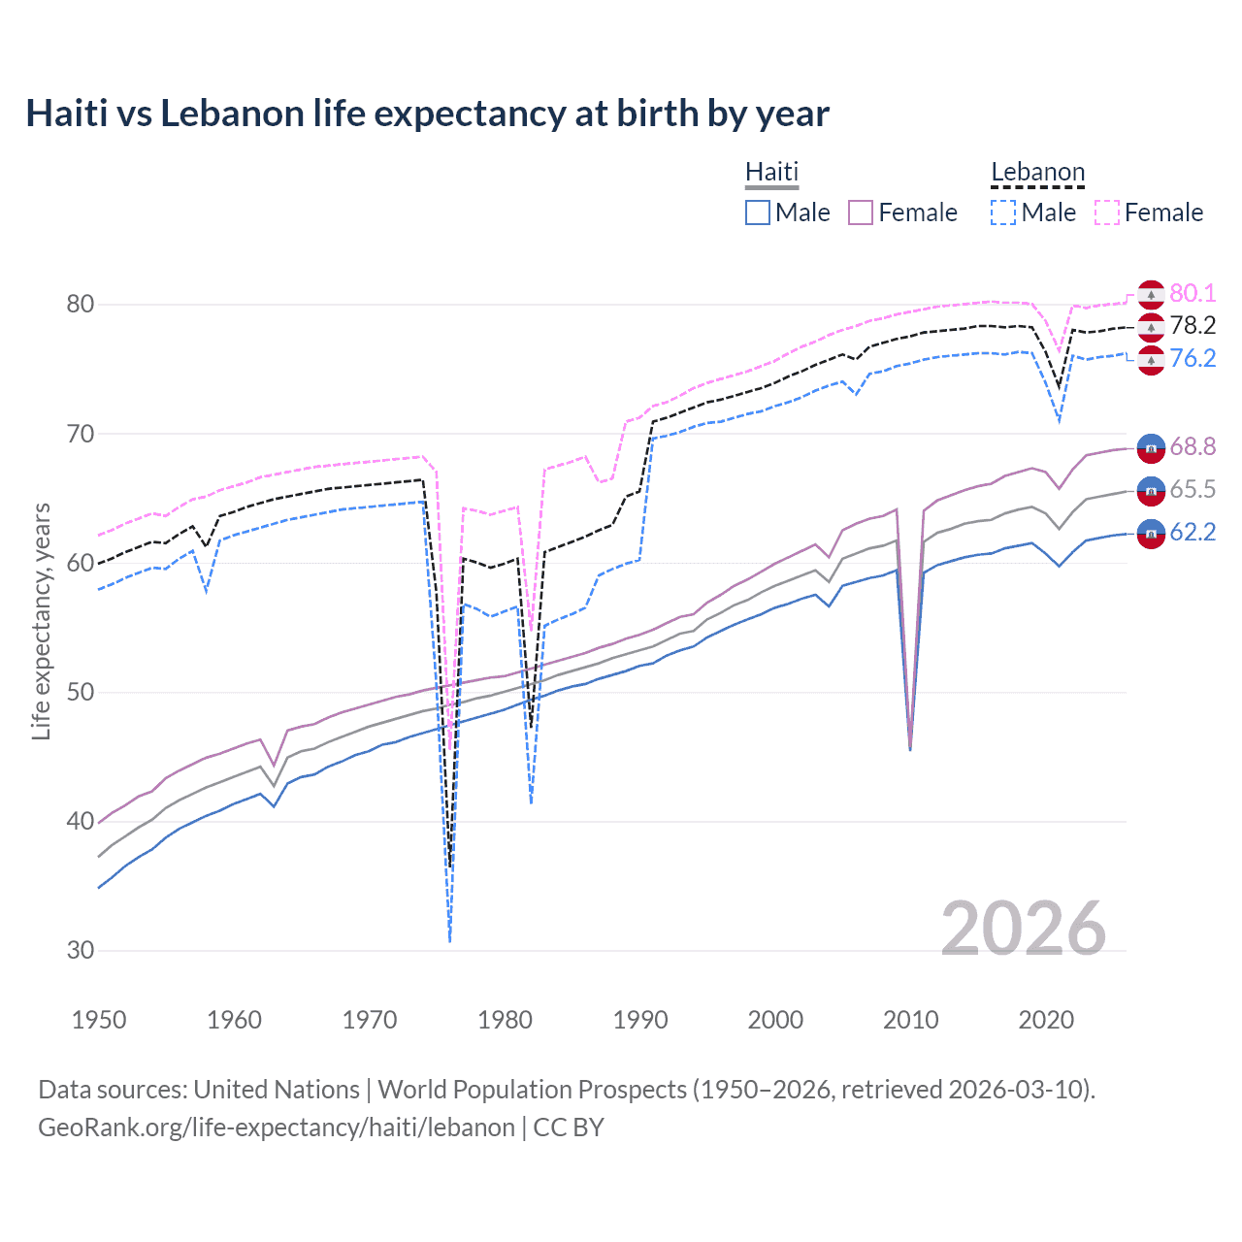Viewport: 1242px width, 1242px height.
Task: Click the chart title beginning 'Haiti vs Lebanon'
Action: [427, 114]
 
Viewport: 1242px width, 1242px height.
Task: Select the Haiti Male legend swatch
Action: [758, 212]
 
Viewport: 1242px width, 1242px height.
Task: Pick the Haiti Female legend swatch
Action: [861, 212]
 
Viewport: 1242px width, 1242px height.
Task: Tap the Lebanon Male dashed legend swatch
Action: [1003, 212]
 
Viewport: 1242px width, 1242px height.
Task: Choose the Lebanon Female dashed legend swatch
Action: [1107, 212]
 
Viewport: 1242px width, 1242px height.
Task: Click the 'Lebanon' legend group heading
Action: [1037, 172]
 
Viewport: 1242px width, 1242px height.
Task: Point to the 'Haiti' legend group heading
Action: [771, 172]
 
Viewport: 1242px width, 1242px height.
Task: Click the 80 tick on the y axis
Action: [81, 304]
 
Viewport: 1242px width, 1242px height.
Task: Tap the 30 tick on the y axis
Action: [81, 950]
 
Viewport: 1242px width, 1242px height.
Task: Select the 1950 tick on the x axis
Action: [99, 1020]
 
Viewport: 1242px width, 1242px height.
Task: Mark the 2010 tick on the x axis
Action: [910, 1020]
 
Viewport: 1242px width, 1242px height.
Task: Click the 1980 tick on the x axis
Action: [505, 1020]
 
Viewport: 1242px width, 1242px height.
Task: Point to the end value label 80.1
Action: [1193, 293]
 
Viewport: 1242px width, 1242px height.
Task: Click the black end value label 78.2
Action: [1193, 325]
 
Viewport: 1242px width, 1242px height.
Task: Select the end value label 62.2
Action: [1193, 532]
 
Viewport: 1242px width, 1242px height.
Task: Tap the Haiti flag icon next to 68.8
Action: [1151, 447]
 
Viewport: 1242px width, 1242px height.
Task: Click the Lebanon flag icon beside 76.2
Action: [1151, 360]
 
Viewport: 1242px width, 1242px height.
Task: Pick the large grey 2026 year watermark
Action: [1024, 929]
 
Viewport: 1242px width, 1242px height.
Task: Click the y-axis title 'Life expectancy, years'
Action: [42, 621]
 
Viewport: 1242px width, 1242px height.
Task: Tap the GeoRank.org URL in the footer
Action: [277, 1128]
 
